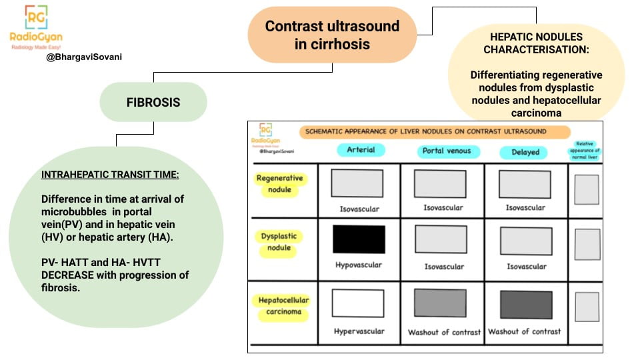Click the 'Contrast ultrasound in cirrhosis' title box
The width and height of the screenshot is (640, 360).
332,35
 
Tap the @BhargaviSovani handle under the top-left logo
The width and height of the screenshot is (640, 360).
84,57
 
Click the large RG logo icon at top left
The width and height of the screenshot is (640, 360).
36,18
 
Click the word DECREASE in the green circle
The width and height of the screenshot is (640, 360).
69,275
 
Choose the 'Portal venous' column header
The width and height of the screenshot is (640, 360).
446,151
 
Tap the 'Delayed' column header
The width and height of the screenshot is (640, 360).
525,152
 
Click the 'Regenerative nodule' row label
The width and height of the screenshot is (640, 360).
279,184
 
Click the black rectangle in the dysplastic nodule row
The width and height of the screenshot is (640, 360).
359,239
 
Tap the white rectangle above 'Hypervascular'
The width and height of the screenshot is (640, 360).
359,303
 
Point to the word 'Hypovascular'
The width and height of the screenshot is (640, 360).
359,265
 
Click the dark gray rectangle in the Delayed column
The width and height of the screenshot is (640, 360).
526,305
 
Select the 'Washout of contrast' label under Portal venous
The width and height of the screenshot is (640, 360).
444,332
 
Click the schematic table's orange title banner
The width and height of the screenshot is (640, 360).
435,132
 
